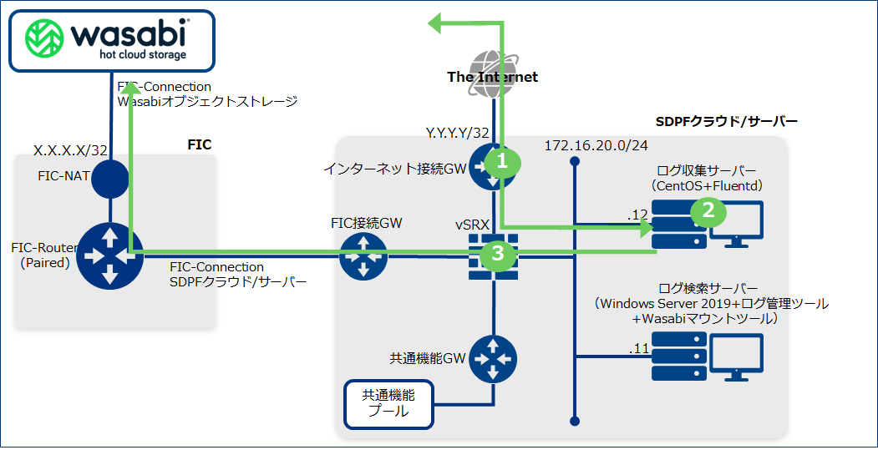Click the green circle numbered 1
point(502,161)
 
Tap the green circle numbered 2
point(708,210)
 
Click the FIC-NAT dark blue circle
point(109,178)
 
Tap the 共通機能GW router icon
point(493,357)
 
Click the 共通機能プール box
point(388,403)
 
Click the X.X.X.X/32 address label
point(70,150)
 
